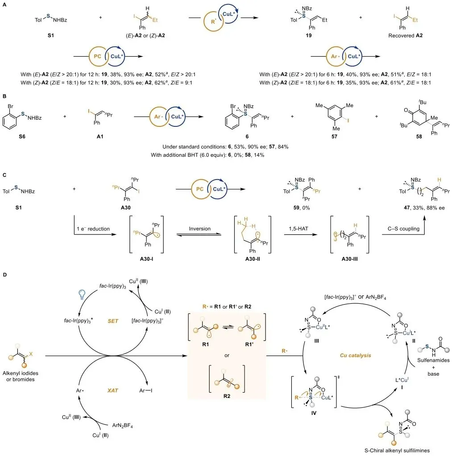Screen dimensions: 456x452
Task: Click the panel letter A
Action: click(4, 4)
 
